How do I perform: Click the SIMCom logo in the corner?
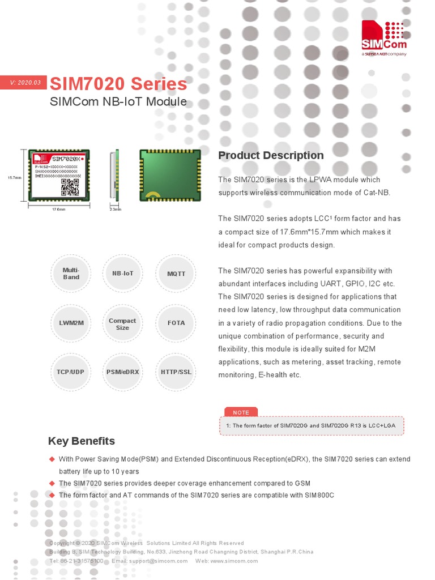[x=384, y=39]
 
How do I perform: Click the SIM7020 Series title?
[x=118, y=84]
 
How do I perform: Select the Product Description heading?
[x=271, y=155]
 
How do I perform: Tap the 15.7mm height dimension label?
[x=14, y=177]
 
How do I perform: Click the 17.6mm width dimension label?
[x=59, y=210]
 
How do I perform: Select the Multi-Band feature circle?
[x=71, y=274]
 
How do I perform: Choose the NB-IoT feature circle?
[x=123, y=274]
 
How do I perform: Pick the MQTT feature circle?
[x=176, y=274]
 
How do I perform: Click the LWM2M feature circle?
[x=71, y=323]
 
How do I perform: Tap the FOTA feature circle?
[x=176, y=323]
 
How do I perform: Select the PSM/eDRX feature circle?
[x=123, y=372]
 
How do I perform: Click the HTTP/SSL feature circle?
[x=176, y=372]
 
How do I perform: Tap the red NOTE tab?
[x=241, y=412]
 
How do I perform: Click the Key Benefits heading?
[x=82, y=441]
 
